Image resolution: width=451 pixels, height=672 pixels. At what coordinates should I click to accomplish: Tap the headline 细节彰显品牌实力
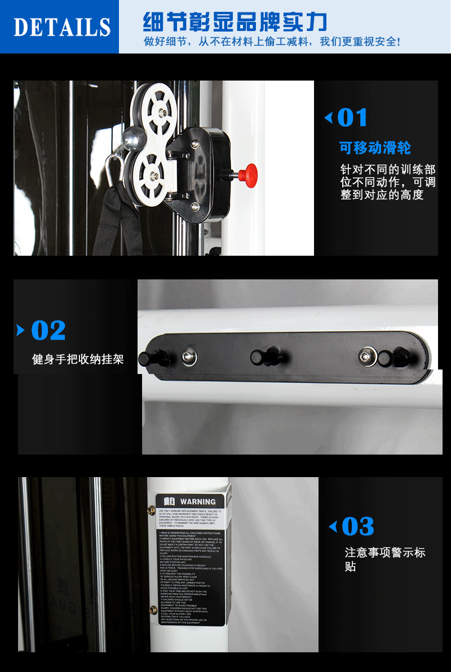pyautogui.click(x=235, y=23)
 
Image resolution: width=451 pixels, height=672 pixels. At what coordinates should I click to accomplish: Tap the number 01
pyautogui.click(x=352, y=118)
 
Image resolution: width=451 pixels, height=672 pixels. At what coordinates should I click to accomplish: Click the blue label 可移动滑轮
pyautogui.click(x=375, y=148)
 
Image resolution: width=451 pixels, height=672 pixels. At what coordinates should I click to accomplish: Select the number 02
pyautogui.click(x=48, y=330)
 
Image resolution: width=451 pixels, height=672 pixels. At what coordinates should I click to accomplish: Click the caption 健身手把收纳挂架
pyautogui.click(x=78, y=359)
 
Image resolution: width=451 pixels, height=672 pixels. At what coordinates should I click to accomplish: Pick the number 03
pyautogui.click(x=358, y=527)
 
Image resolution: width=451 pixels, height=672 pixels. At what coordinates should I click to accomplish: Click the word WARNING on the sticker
pyautogui.click(x=197, y=501)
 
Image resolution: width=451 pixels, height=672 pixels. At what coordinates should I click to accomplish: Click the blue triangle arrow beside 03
pyautogui.click(x=333, y=527)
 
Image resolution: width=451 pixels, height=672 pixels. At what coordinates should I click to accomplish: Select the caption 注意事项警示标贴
pyautogui.click(x=384, y=559)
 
